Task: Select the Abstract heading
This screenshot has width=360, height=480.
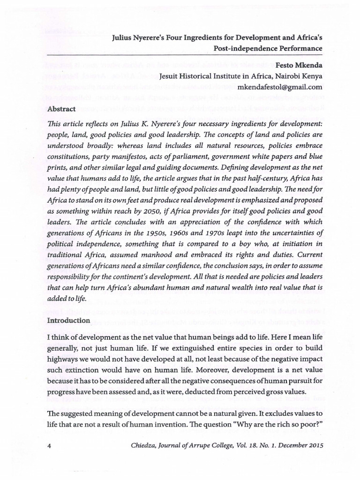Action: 61,109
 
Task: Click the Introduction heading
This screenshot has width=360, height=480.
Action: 68,321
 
